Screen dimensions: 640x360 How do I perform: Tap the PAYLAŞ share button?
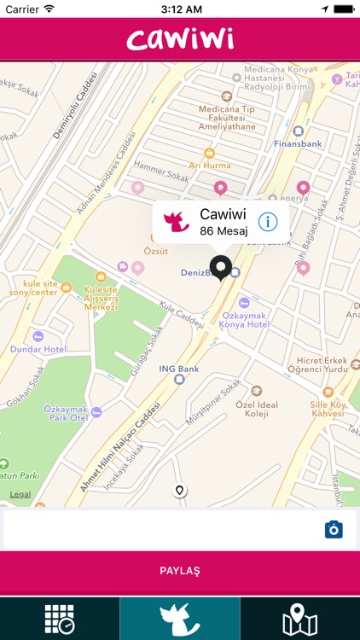(x=179, y=570)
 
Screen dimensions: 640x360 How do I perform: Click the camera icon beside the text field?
(x=334, y=530)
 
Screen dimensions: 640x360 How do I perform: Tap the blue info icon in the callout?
(x=267, y=222)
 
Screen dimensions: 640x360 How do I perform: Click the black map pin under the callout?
(x=221, y=268)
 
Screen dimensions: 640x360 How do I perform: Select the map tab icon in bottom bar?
(x=299, y=620)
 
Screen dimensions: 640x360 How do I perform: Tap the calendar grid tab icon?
(x=60, y=620)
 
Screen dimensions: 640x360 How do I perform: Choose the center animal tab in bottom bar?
(x=180, y=620)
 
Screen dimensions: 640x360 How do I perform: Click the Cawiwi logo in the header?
(x=180, y=38)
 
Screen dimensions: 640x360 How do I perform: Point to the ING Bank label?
(x=179, y=369)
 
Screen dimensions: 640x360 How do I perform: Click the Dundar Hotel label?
(x=38, y=349)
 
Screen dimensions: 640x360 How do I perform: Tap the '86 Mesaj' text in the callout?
(x=222, y=230)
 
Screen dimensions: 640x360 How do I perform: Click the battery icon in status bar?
(x=342, y=9)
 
